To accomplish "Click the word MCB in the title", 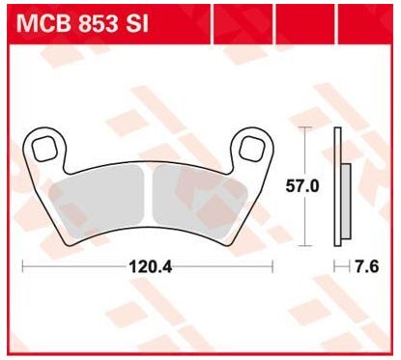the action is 43,23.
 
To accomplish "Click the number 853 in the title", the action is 99,23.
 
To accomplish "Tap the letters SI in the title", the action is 136,23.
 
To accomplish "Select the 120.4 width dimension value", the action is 151,266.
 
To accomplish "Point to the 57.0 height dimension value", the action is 302,186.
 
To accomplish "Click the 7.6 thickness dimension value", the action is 366,266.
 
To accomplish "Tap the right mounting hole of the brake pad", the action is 251,149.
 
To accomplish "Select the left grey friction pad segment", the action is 98,203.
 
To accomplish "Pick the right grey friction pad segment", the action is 200,203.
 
